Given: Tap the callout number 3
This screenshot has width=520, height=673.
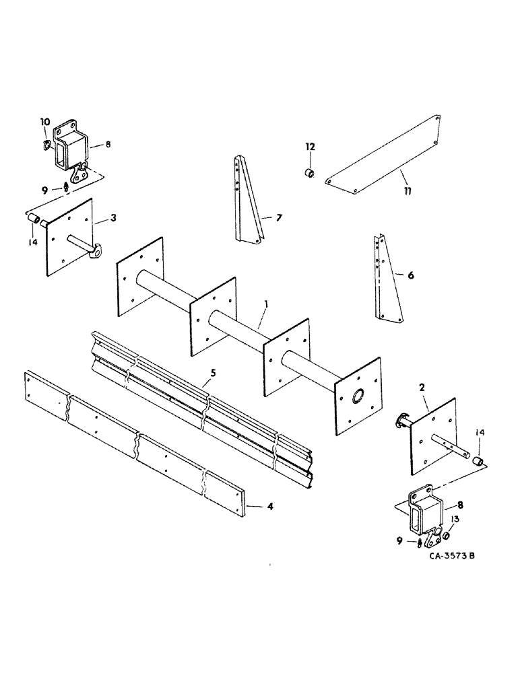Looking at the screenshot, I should coord(114,218).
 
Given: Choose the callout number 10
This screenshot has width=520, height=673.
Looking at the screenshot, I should coord(44,122).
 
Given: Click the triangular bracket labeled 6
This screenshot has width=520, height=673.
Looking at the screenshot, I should coord(387,283).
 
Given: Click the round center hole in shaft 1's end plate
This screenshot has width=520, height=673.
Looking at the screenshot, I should coord(356,396).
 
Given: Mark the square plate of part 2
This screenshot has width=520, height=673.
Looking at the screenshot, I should coord(431,437).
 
